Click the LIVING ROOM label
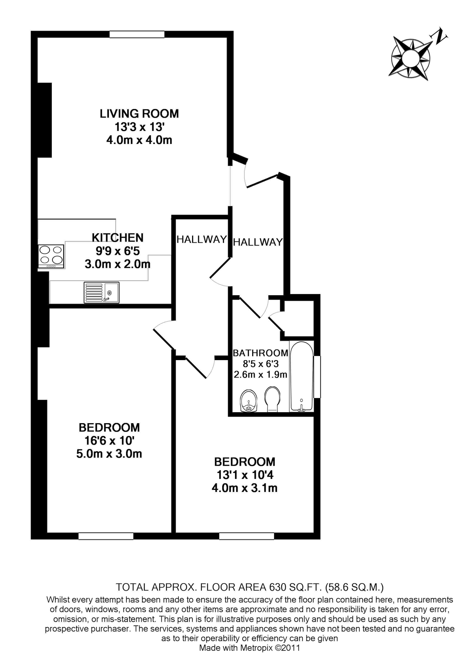click(x=139, y=114)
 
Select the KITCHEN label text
click(x=117, y=238)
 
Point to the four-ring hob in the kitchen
click(x=51, y=255)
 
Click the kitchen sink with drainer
click(x=101, y=293)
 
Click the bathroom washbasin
click(x=249, y=401)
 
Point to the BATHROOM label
click(x=261, y=353)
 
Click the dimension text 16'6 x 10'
click(x=109, y=441)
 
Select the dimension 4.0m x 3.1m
click(x=244, y=488)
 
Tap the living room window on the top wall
click(x=137, y=35)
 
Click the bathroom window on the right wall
click(x=317, y=377)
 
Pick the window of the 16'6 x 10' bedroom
click(x=106, y=536)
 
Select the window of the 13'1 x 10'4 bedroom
click(x=246, y=536)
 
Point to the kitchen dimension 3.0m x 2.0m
click(x=117, y=264)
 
